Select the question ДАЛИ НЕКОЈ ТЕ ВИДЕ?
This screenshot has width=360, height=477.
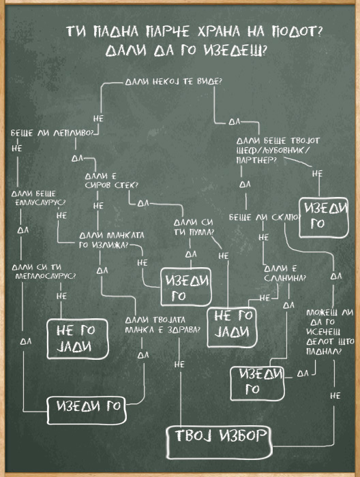[174, 82]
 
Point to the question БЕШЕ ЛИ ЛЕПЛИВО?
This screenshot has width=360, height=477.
[52, 134]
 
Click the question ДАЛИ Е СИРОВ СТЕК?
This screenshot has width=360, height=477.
[111, 181]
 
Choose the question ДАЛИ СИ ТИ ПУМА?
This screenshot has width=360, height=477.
[194, 227]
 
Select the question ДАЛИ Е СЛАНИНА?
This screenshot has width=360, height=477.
[285, 273]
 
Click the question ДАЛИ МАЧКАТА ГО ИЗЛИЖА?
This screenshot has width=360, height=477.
[111, 240]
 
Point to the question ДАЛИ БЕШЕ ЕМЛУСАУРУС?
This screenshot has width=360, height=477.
[39, 198]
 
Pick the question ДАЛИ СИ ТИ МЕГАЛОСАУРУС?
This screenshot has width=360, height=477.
[44, 271]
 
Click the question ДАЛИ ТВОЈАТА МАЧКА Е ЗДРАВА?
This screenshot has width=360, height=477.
[163, 324]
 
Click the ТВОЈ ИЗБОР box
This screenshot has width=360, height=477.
[219, 442]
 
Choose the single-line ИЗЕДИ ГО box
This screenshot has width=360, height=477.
[87, 410]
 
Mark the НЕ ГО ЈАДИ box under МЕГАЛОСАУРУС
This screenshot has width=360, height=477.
[78, 339]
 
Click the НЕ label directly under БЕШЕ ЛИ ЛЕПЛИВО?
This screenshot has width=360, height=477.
[17, 149]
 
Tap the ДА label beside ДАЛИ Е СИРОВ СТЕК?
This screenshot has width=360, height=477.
[143, 203]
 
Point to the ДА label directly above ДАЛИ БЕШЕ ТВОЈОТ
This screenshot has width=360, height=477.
[235, 122]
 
